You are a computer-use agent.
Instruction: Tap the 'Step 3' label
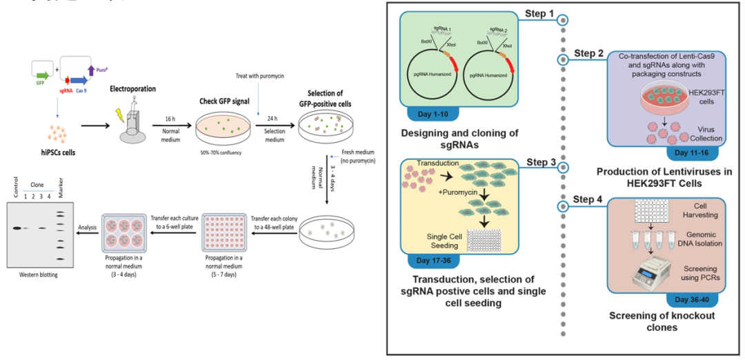click(542, 161)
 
